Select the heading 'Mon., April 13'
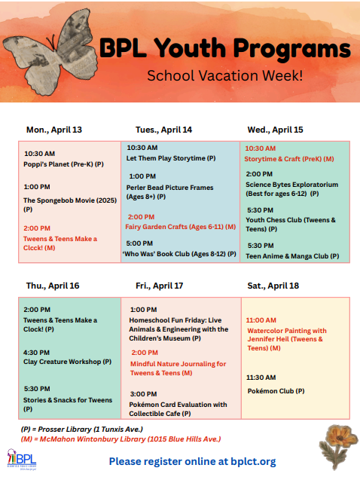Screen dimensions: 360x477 (54, 130)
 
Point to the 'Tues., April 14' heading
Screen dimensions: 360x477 (163, 130)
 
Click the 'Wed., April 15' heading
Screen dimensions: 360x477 (275, 130)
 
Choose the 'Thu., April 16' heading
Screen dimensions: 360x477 (53, 286)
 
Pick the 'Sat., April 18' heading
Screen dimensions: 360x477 (273, 286)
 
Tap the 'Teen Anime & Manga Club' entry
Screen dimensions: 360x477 (292, 255)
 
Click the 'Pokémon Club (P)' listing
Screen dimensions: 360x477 (276, 390)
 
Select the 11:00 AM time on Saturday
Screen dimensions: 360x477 (261, 320)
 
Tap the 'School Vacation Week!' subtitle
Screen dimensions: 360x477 (224, 75)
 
